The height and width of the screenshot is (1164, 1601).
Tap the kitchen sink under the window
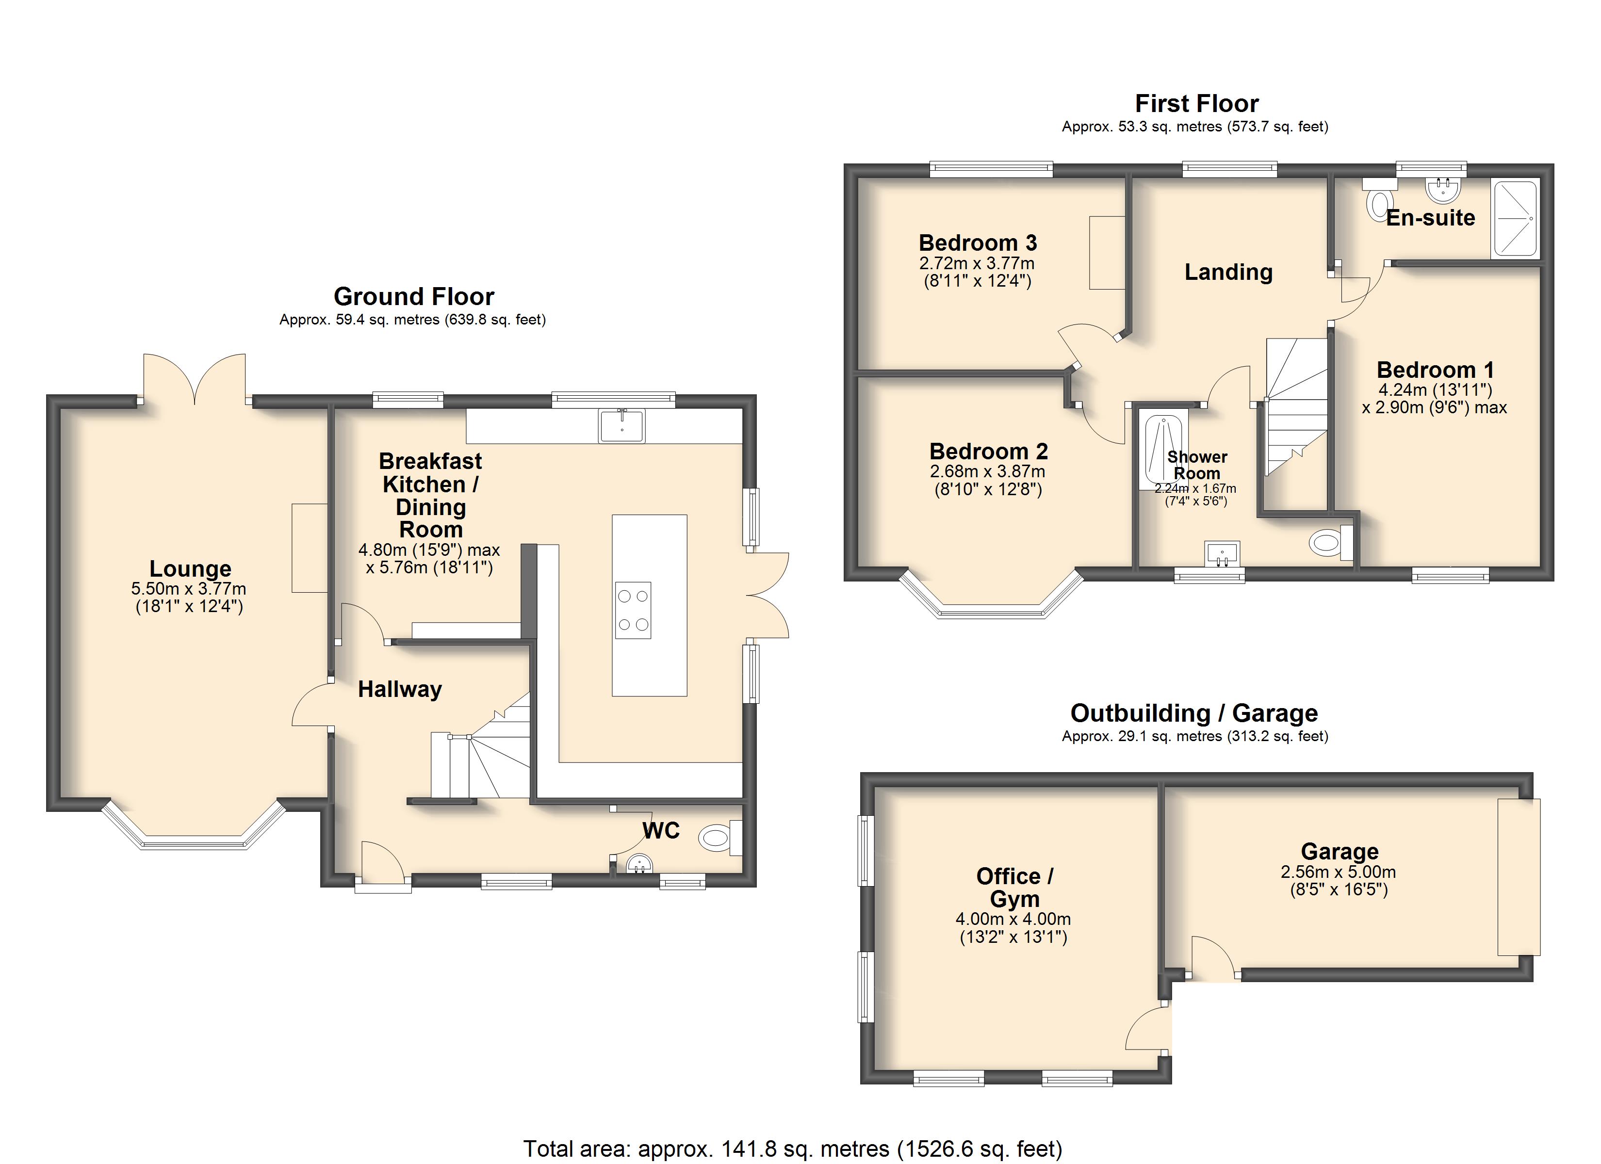pos(621,426)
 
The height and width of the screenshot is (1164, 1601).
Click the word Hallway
pos(400,689)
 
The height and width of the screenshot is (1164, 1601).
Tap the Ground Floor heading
pos(414,296)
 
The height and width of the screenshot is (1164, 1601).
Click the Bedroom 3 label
pos(978,243)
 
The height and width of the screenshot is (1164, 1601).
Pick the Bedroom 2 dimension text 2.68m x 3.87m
pos(988,471)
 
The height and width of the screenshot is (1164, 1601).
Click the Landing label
pos(1228,272)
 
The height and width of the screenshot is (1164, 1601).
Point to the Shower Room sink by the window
pos(1222,554)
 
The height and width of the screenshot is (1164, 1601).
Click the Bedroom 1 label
pos(1435,370)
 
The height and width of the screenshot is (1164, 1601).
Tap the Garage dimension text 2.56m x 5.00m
pos(1339,872)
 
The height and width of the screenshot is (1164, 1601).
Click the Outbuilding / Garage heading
pos(1194,713)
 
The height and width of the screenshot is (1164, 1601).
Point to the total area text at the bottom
pos(793,1148)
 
